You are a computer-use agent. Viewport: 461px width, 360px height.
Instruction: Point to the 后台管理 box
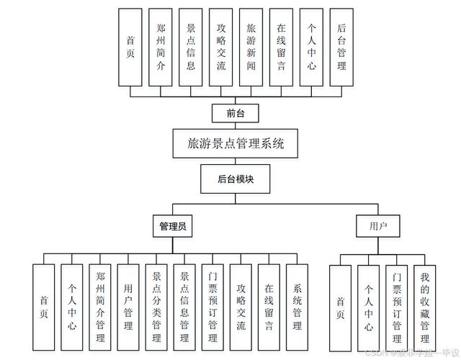(x=341, y=47)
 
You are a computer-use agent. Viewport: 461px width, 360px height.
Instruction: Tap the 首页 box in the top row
(x=130, y=47)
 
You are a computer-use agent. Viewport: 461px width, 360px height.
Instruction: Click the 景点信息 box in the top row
(x=191, y=47)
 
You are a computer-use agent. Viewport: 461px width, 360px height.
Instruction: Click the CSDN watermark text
(x=411, y=354)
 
